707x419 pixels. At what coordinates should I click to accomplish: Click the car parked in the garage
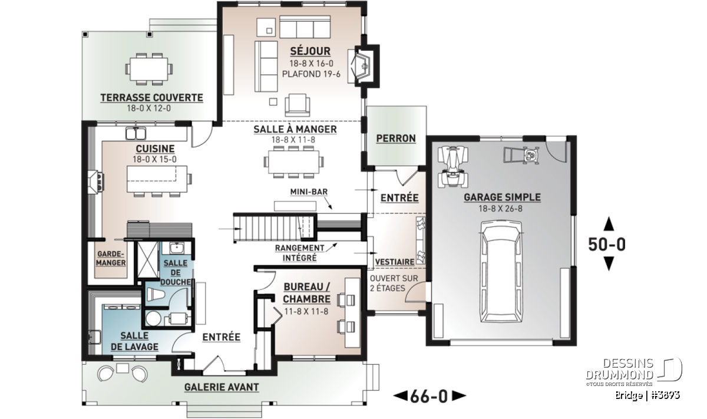(x=501, y=272)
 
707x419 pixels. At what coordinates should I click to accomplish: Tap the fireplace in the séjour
(x=364, y=66)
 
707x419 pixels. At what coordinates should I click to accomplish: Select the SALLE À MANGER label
(x=295, y=129)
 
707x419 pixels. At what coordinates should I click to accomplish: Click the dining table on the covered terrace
(x=149, y=69)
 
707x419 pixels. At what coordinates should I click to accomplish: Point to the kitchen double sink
(x=136, y=134)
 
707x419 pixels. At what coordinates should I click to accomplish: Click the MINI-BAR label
(x=309, y=192)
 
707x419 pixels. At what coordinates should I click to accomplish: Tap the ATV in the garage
(x=453, y=167)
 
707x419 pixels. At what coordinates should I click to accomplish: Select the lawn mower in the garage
(x=521, y=155)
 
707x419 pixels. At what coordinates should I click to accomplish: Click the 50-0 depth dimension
(x=607, y=244)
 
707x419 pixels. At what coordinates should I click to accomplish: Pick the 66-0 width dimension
(x=429, y=396)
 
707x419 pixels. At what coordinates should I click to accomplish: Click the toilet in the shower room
(x=156, y=294)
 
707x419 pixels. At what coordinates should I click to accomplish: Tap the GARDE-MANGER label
(x=111, y=258)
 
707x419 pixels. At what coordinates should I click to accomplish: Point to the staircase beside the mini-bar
(x=275, y=227)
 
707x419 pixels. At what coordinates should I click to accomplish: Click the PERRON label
(x=396, y=138)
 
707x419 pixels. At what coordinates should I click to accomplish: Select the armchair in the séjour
(x=298, y=105)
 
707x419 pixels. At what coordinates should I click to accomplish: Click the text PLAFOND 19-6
(x=311, y=74)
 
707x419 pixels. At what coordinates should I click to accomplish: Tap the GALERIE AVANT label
(x=222, y=387)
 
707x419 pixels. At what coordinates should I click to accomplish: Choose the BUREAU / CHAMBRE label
(x=307, y=293)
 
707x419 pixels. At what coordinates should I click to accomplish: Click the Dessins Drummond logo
(x=634, y=372)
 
